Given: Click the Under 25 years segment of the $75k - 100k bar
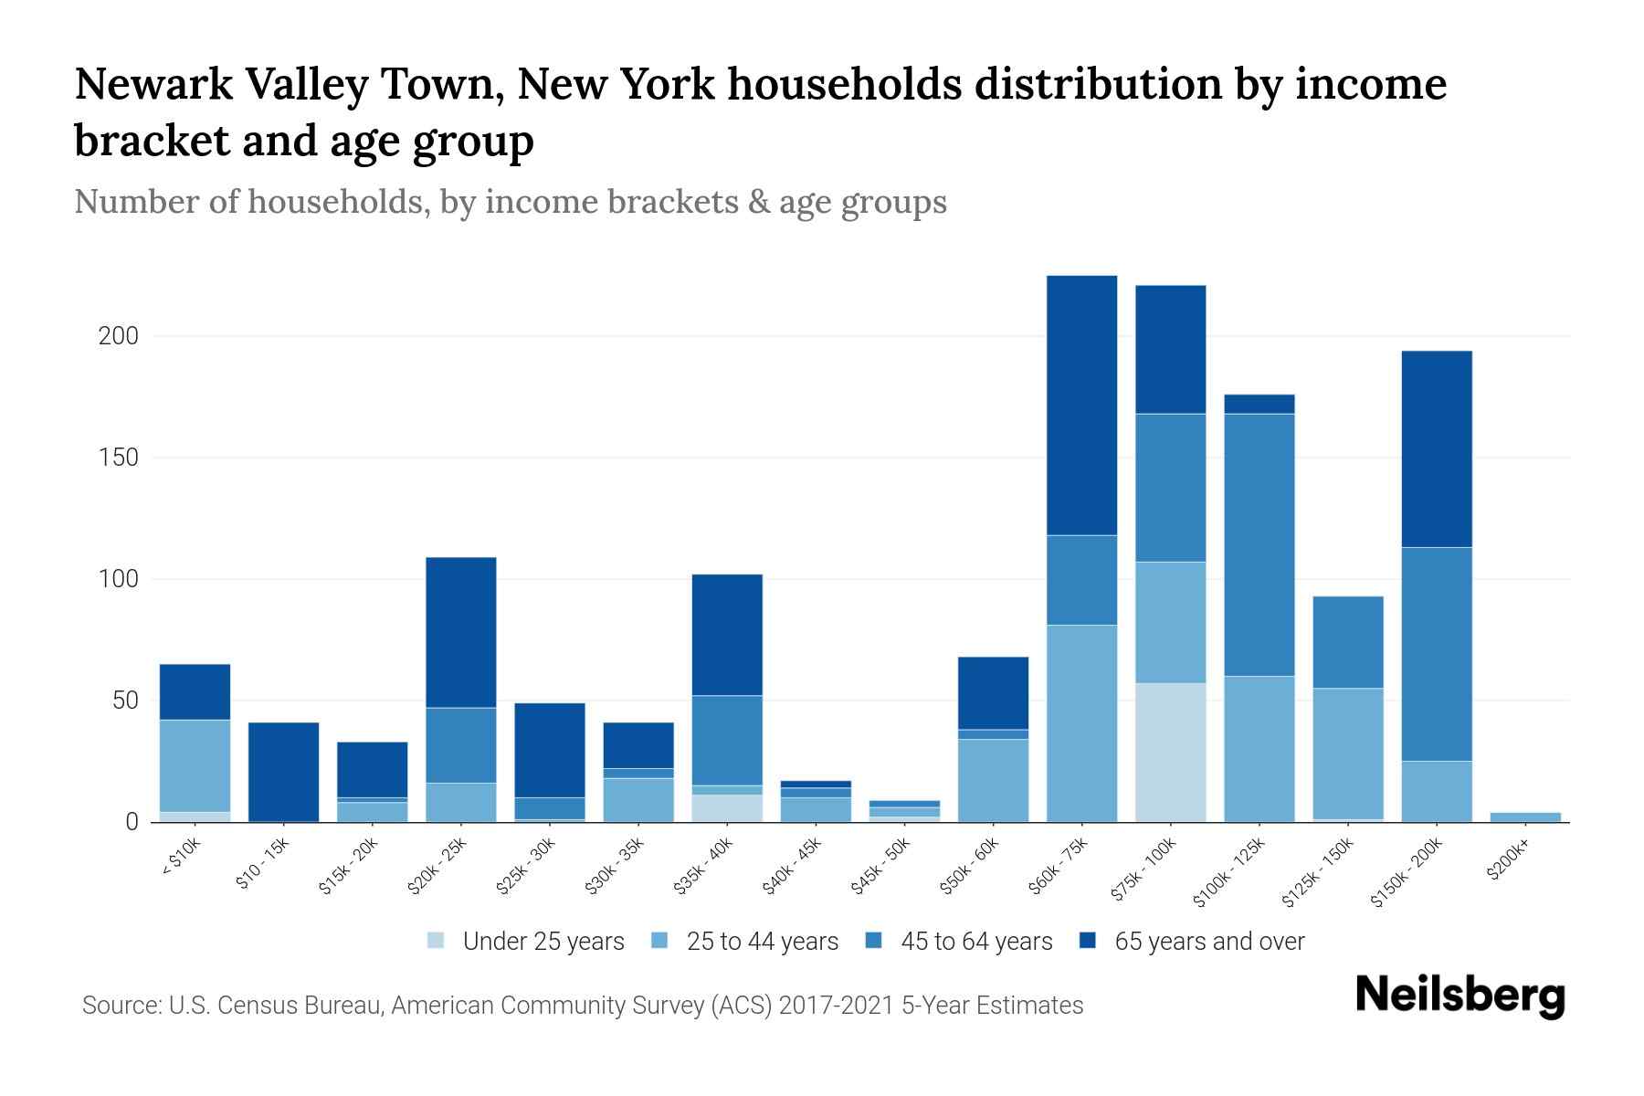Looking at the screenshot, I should pos(1170,752).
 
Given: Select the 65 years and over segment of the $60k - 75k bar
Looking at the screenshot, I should pos(1081,405).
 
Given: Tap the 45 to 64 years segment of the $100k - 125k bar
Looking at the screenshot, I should pos(1259,544).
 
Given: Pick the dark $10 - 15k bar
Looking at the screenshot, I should pos(283,772).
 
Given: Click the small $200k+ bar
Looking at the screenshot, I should pos(1525,817).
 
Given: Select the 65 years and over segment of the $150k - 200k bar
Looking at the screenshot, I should pos(1437,448).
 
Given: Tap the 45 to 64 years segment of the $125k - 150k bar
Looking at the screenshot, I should pos(1348,641).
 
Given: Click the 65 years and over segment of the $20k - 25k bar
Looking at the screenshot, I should pos(461,632).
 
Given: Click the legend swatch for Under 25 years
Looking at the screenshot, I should pos(437,941).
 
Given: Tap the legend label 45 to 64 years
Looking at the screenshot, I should pos(976,941).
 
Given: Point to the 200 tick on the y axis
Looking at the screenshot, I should pos(119,336).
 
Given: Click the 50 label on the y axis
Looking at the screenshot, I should pos(125,701).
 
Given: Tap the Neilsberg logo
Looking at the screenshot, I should pos(1460,996).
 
